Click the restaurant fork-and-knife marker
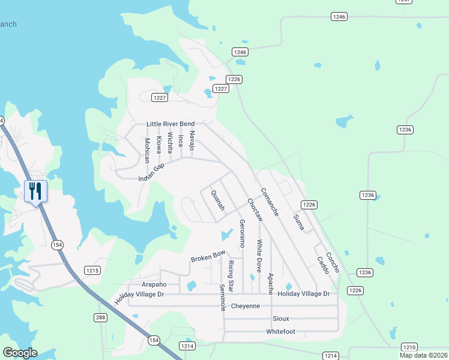(x=35, y=191)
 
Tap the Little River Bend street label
(x=170, y=124)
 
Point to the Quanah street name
(x=217, y=200)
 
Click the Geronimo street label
(x=243, y=233)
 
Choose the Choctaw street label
(x=255, y=209)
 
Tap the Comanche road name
(x=269, y=202)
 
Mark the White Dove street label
(x=259, y=256)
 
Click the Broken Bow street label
(x=208, y=256)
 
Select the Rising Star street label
(x=231, y=276)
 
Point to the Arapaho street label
(x=145, y=284)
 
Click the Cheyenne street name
(x=245, y=306)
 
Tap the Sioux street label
(x=280, y=318)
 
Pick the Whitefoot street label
(x=280, y=331)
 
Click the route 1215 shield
(x=92, y=271)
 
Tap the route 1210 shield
(x=409, y=347)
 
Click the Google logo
(x=20, y=353)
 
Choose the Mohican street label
(x=147, y=151)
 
